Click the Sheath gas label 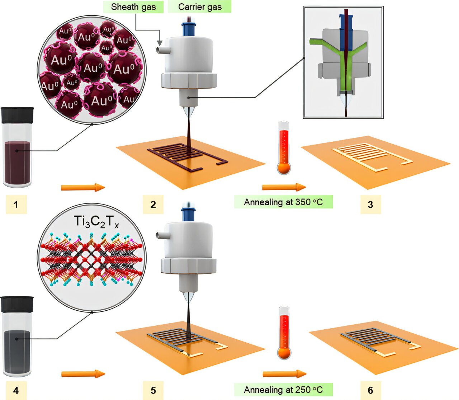[133, 7]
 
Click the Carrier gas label [200, 7]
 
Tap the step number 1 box [16, 204]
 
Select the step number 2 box [153, 204]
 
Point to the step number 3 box [370, 204]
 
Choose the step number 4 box [16, 390]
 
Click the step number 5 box [153, 390]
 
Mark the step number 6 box [370, 390]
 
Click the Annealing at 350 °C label [283, 202]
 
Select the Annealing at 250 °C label [283, 390]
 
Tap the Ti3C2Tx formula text [96, 221]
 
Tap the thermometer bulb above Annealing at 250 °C [284, 353]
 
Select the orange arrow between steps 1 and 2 [83, 187]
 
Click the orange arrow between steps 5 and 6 [284, 374]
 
